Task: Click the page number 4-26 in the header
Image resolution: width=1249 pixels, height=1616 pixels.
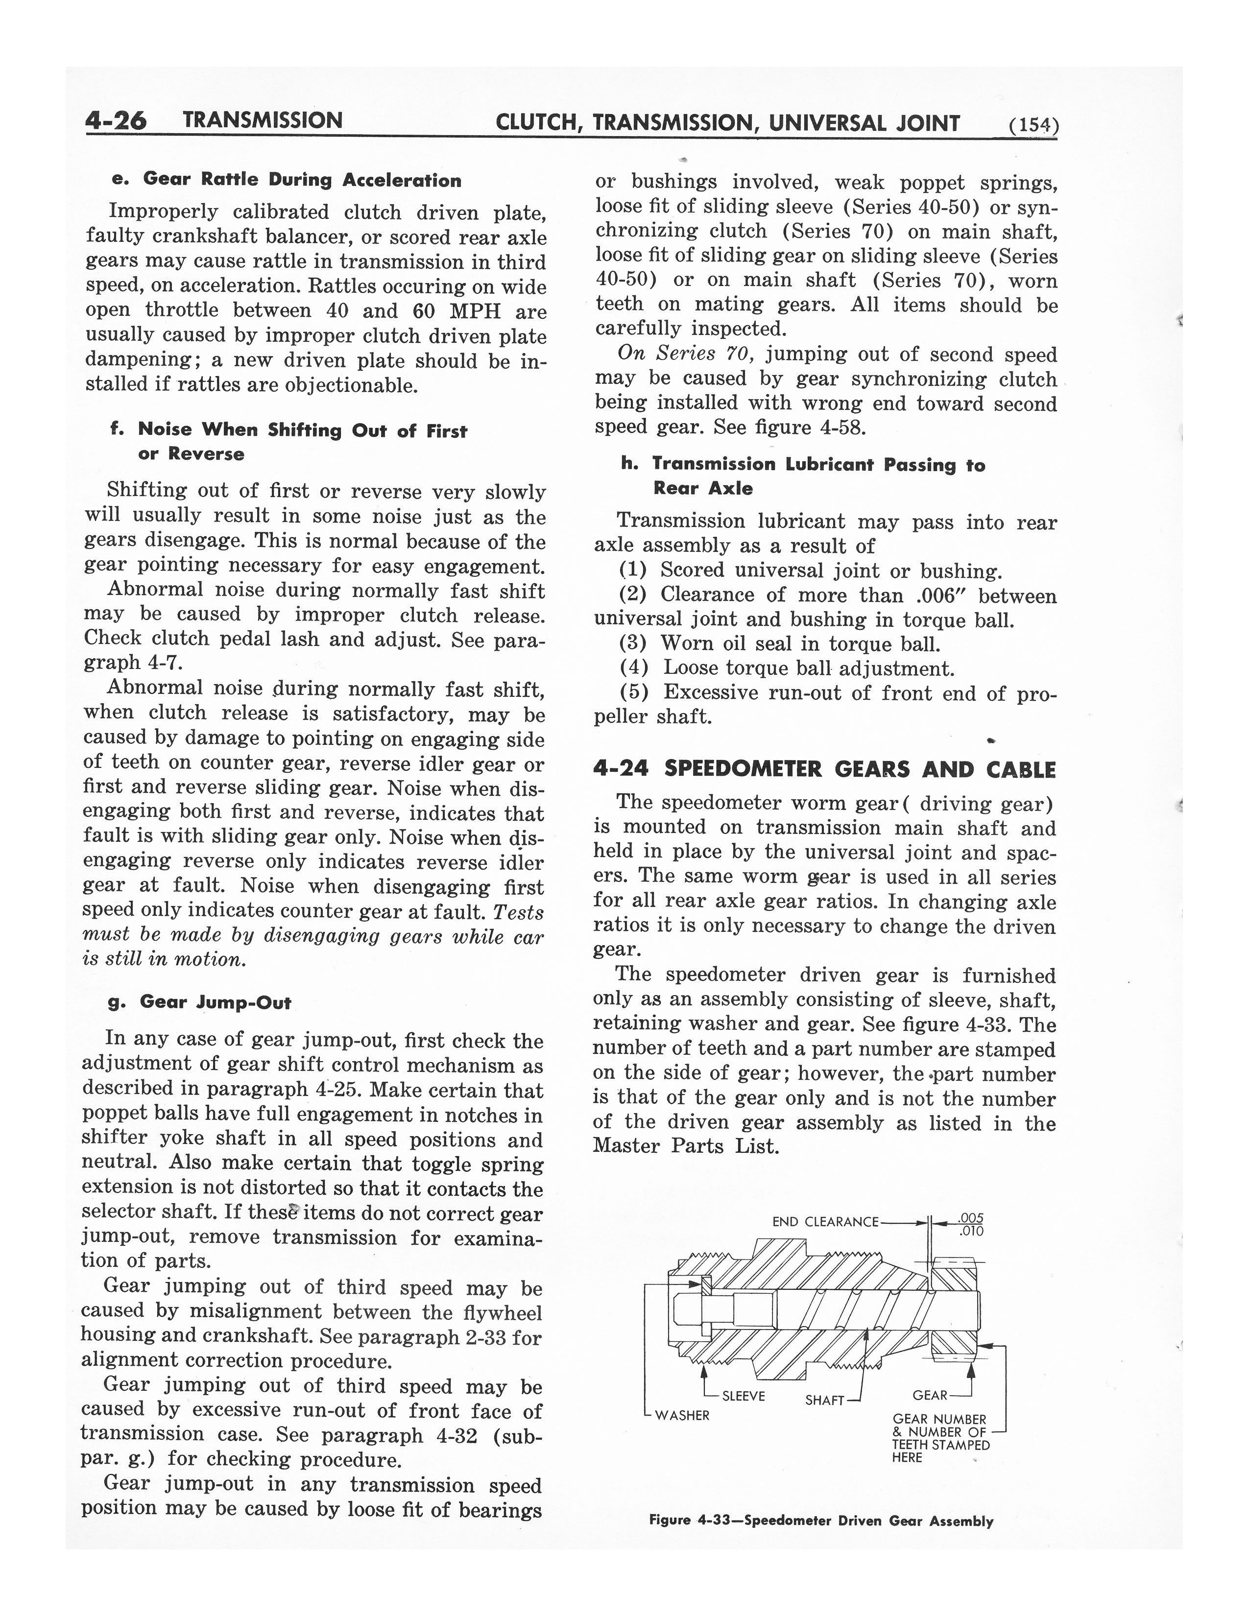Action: [x=116, y=120]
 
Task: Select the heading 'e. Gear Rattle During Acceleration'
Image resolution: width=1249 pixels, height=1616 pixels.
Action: [x=286, y=180]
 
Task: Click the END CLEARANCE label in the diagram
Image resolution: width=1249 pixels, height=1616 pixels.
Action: [x=825, y=1222]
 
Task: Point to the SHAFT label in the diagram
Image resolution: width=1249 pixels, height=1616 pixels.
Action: [x=824, y=1401]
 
